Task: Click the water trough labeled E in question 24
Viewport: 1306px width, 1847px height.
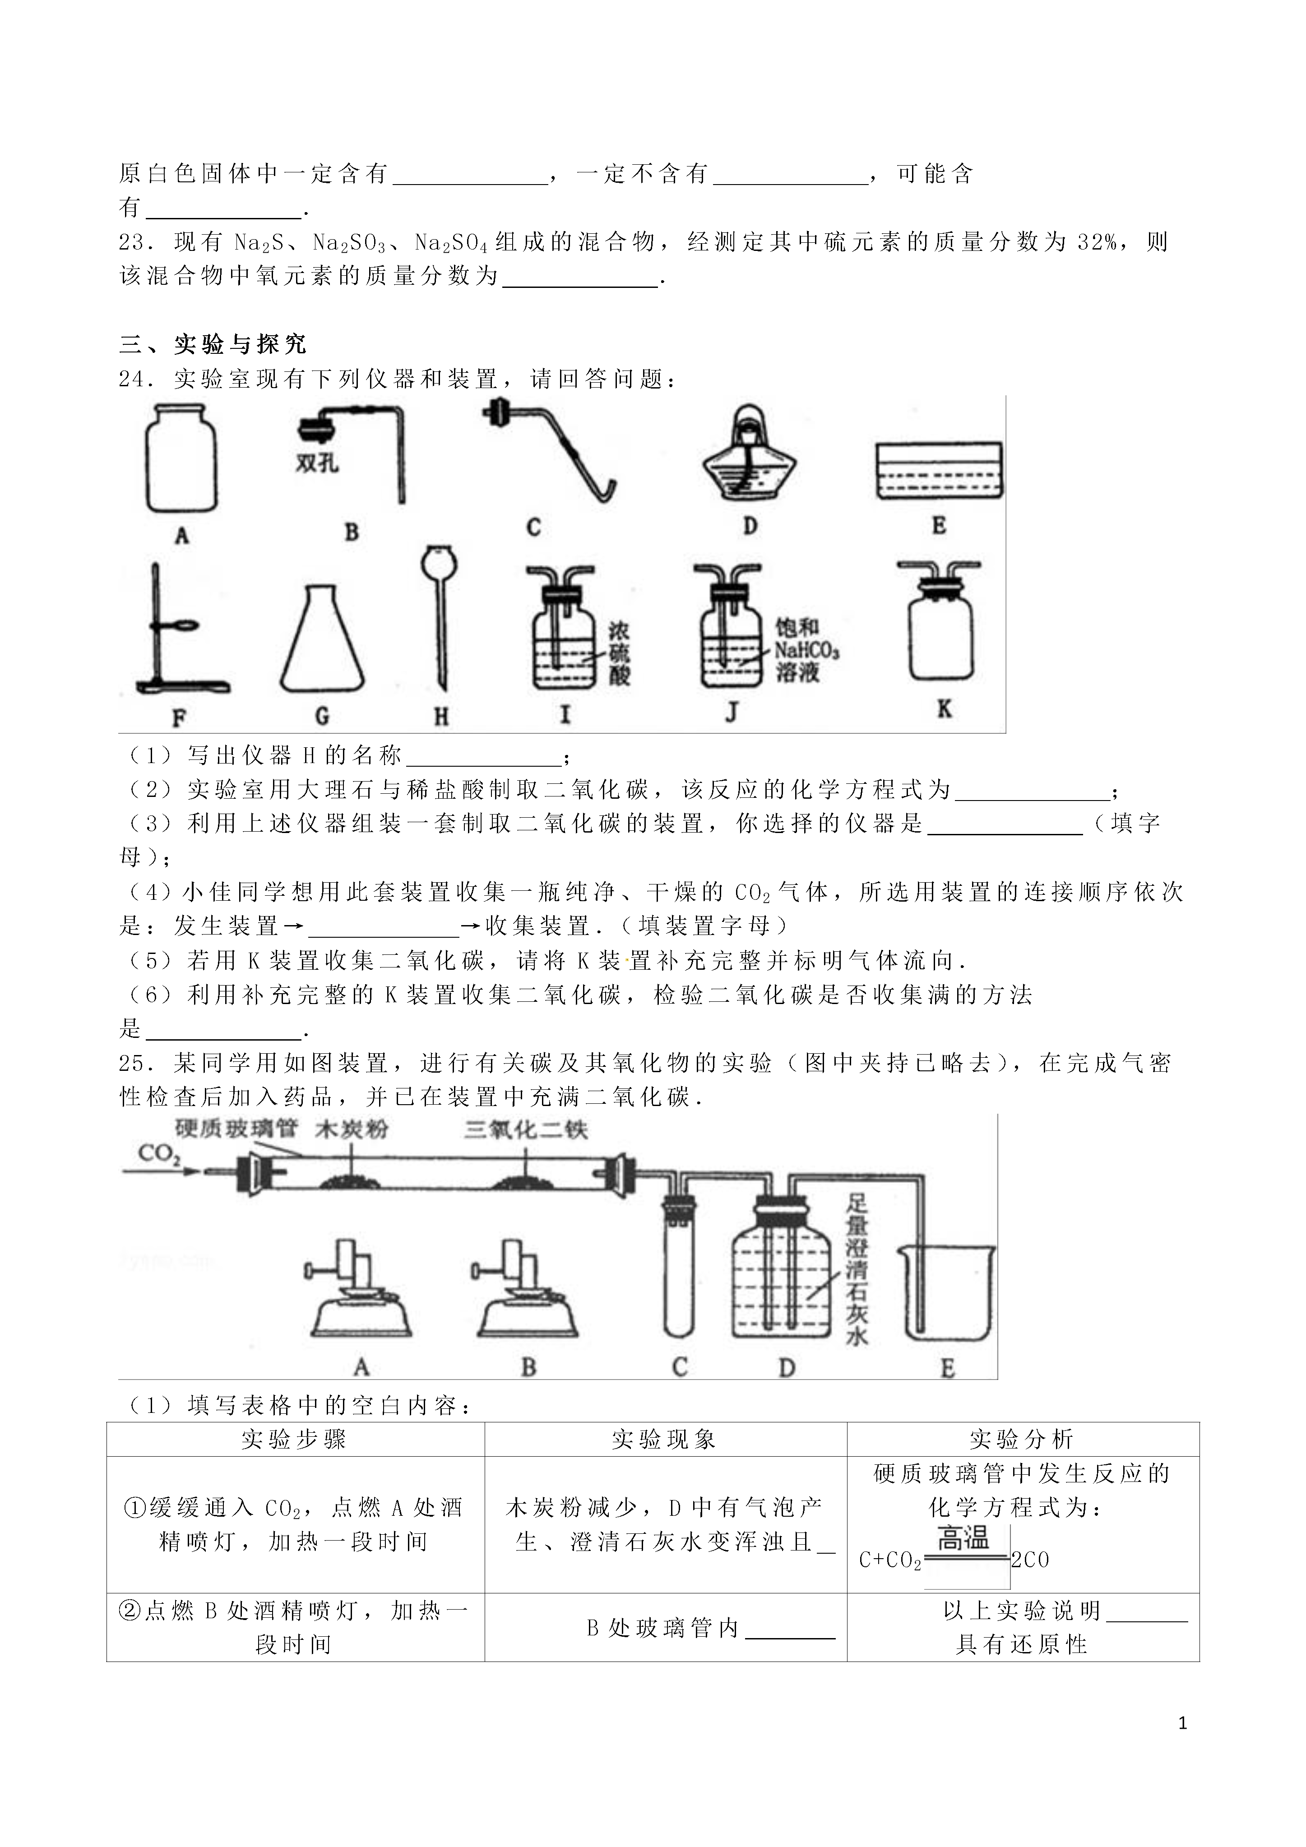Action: pyautogui.click(x=938, y=471)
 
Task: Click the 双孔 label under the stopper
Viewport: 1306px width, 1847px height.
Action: pyautogui.click(x=316, y=464)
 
